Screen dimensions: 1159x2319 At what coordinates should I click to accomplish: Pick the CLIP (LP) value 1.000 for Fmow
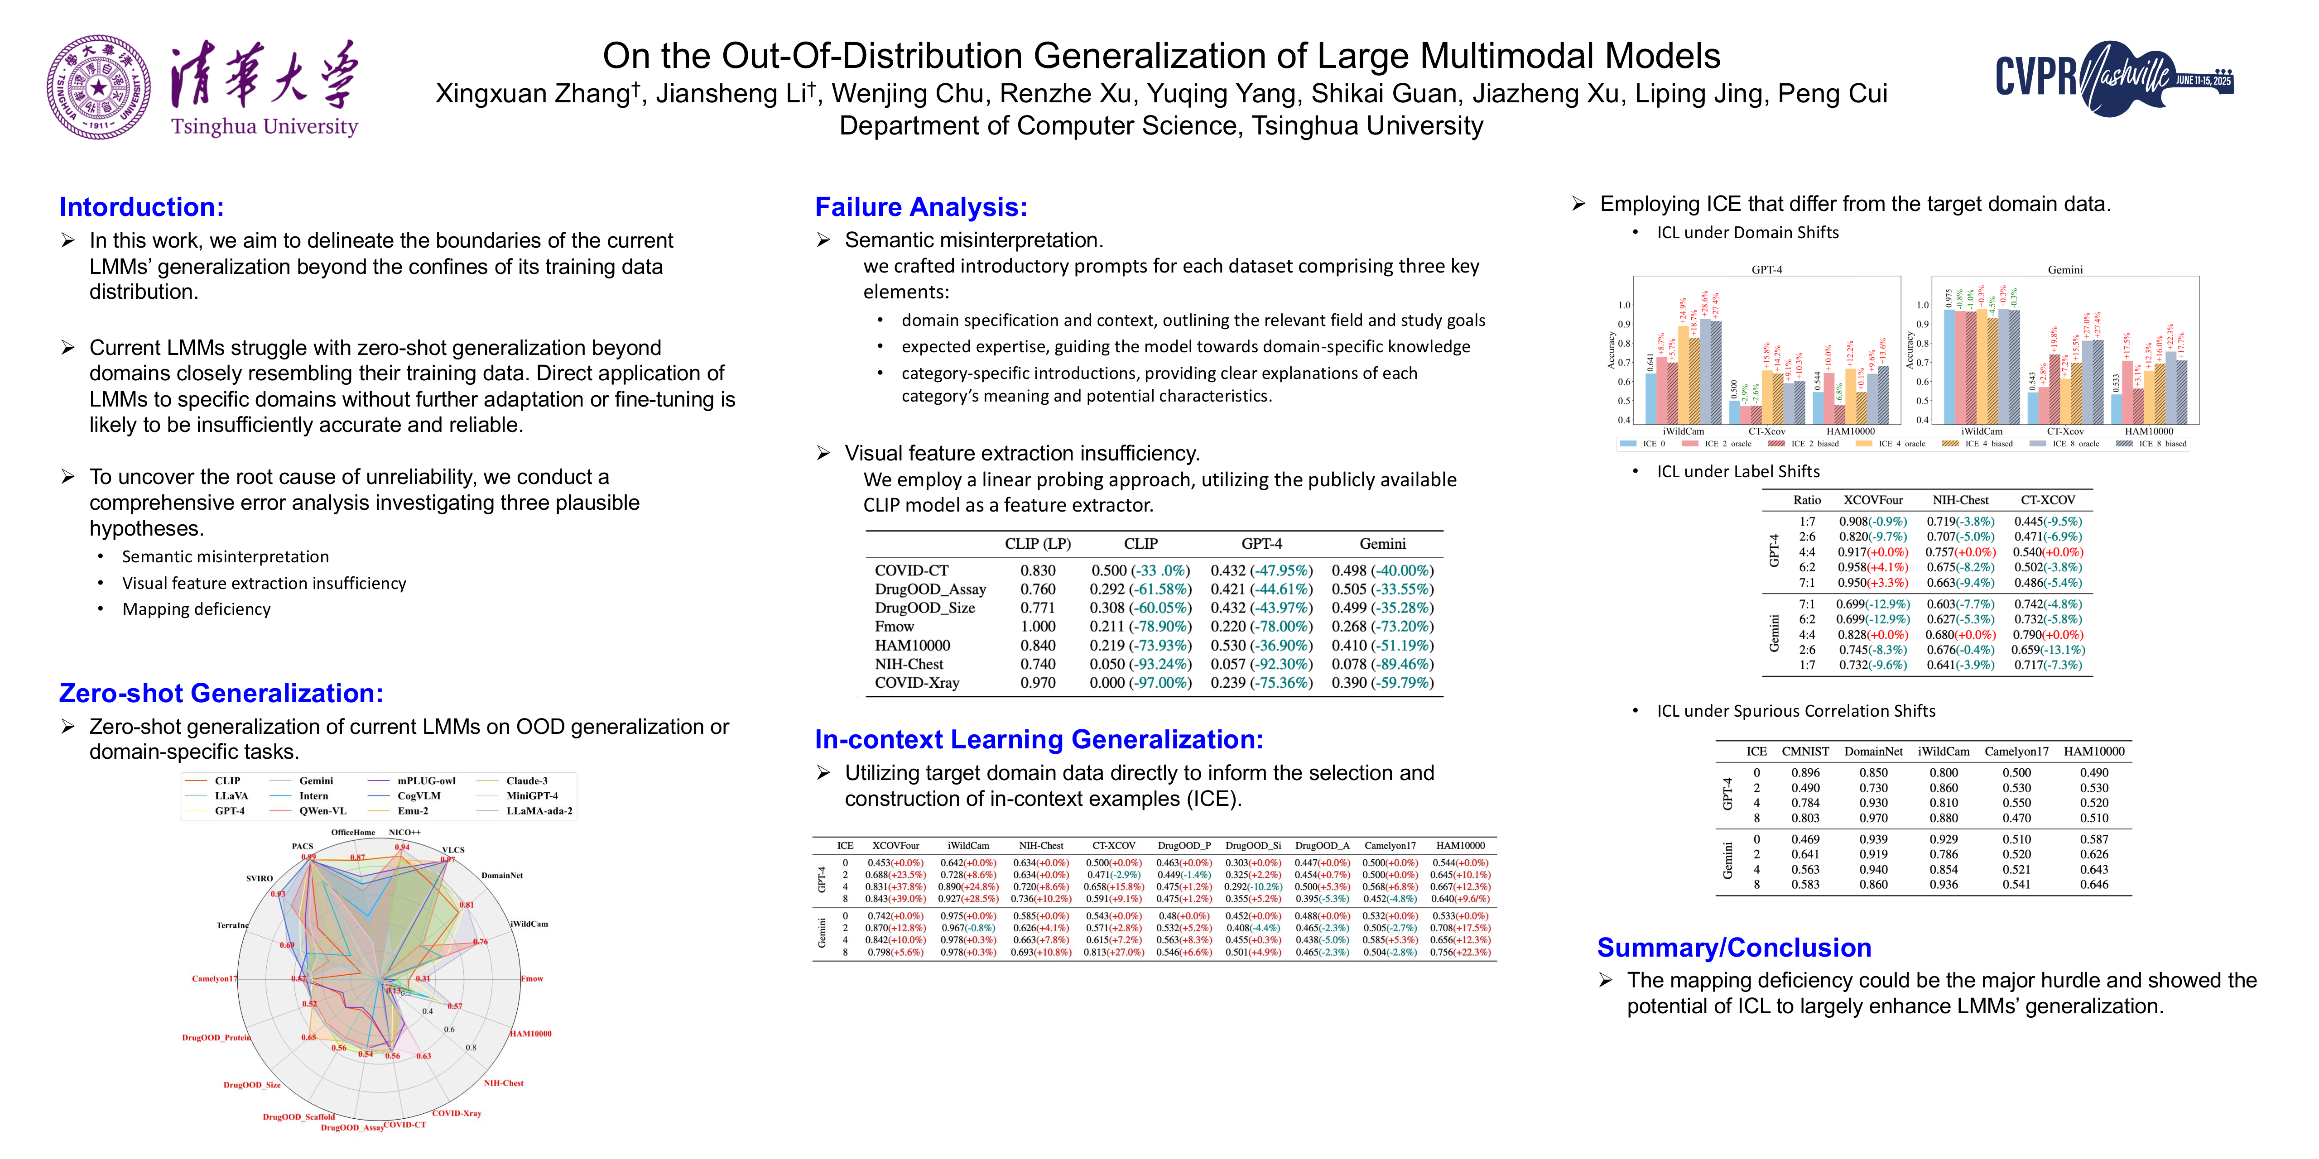click(1037, 626)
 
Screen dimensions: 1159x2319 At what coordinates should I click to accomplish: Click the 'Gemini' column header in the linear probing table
click(1382, 543)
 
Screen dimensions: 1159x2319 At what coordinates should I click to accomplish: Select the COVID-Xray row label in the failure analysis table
click(916, 683)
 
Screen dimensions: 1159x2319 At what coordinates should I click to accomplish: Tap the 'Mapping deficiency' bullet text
click(196, 609)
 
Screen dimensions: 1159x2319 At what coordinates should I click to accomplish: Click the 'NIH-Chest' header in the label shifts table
click(1960, 500)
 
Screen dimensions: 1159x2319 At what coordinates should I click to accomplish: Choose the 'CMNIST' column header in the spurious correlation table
click(1805, 752)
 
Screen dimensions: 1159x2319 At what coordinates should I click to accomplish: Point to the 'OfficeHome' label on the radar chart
click(353, 833)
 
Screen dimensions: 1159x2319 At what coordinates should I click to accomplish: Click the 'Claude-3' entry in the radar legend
click(527, 781)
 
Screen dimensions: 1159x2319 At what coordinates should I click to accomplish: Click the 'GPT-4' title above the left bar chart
click(1766, 269)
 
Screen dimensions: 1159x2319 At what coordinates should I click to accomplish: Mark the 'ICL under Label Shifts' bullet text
click(1737, 471)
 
